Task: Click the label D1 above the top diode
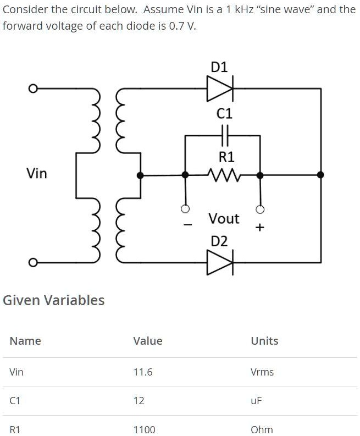[x=219, y=67]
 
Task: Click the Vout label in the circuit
[x=224, y=219]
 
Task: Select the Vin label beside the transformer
[x=37, y=174]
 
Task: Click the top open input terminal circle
[x=33, y=88]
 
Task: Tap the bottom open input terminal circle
[x=33, y=262]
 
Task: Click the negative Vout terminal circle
[x=186, y=209]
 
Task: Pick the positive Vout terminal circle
[x=260, y=209]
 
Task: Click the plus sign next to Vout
[x=260, y=227]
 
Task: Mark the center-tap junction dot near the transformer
[x=141, y=175]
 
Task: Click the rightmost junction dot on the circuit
[x=321, y=175]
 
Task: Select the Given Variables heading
[x=53, y=300]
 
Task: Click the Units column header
[x=264, y=341]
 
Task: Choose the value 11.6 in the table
[x=143, y=372]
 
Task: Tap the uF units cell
[x=257, y=401]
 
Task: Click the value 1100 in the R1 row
[x=145, y=429]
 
